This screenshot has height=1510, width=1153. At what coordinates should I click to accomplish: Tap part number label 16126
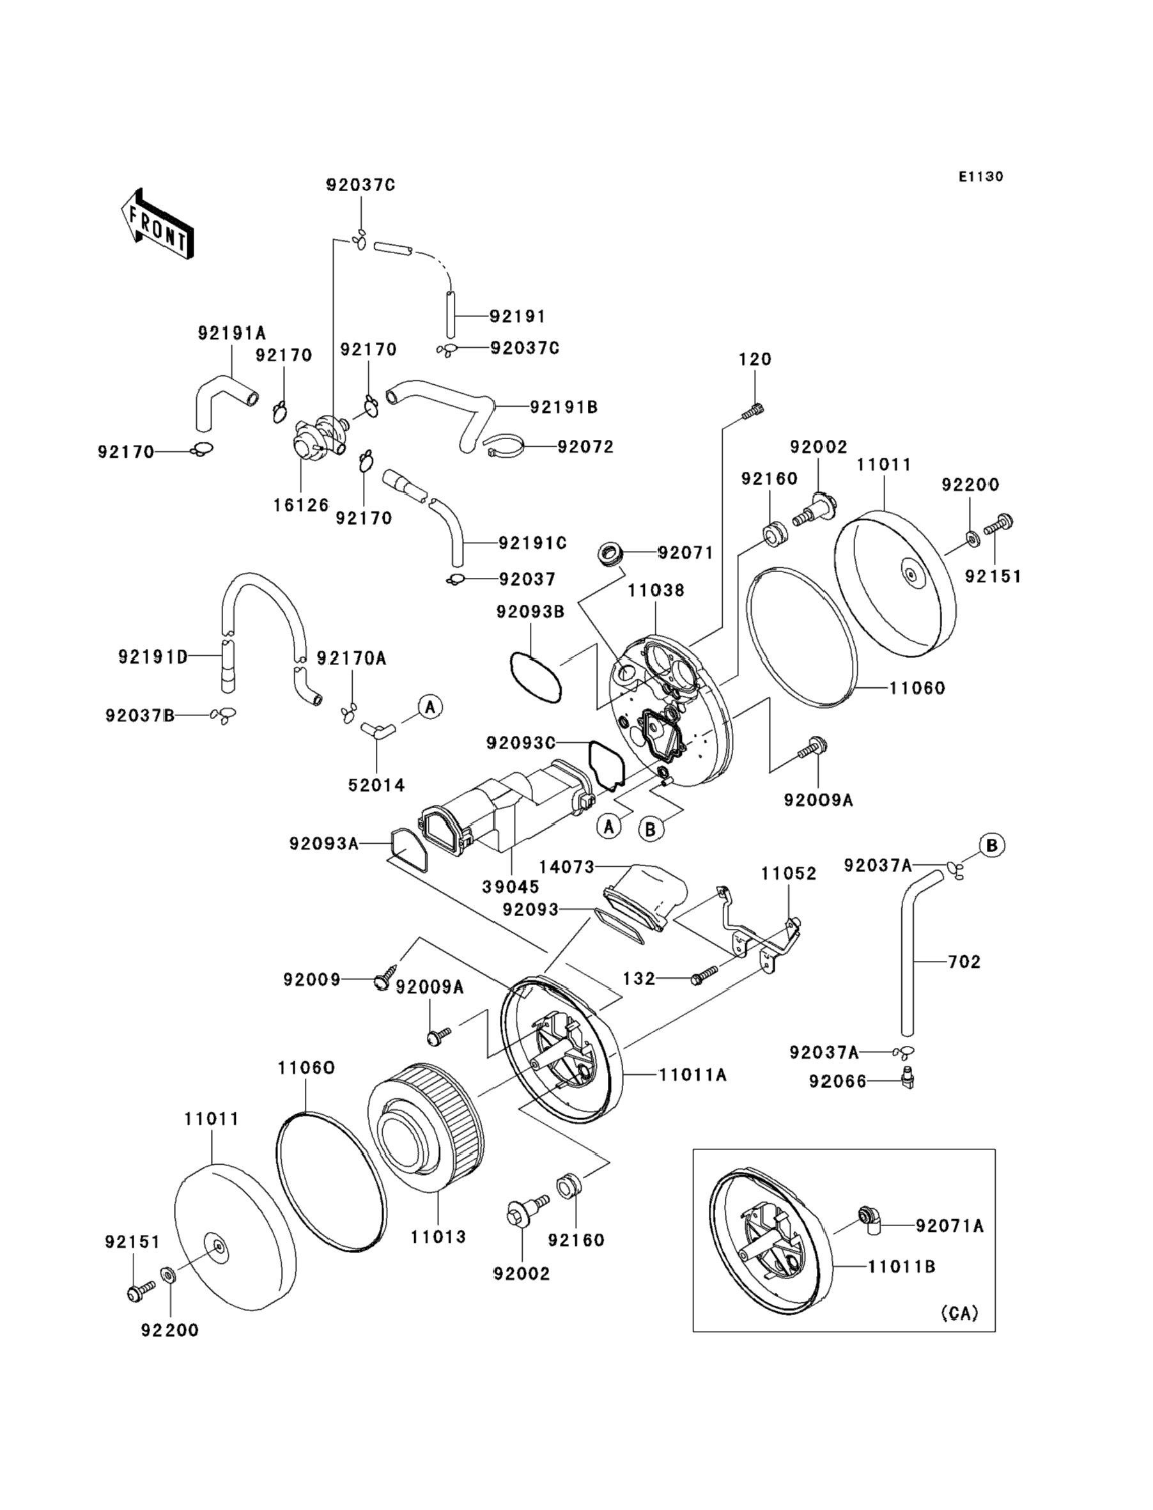click(x=301, y=505)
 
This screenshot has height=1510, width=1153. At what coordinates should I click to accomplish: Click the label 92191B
click(x=564, y=407)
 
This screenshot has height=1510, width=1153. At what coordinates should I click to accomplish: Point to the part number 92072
click(x=585, y=447)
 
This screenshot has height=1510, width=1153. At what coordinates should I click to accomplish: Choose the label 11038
click(x=655, y=589)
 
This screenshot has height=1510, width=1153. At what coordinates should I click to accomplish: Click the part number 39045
click(x=511, y=887)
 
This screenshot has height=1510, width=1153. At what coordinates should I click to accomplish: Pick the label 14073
click(x=566, y=867)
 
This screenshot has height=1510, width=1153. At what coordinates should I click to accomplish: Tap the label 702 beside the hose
click(x=964, y=961)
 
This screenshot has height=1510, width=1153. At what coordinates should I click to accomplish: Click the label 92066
click(x=838, y=1082)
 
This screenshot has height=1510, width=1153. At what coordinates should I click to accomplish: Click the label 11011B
click(x=902, y=1266)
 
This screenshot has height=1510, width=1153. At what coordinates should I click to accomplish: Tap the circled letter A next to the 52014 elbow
click(x=430, y=706)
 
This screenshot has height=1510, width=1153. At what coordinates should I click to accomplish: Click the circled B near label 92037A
click(x=992, y=845)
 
